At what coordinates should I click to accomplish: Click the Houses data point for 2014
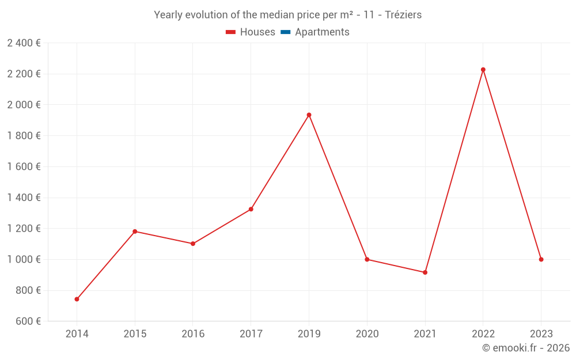(x=77, y=299)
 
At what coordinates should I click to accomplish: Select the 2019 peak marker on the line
(x=309, y=115)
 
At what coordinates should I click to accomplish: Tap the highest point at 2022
(x=483, y=70)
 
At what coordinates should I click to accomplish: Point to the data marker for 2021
(x=425, y=272)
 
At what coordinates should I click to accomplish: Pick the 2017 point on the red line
(x=251, y=209)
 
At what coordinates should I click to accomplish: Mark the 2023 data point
(x=541, y=259)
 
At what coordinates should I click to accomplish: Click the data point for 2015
(x=135, y=232)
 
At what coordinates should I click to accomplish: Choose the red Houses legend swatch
(x=230, y=32)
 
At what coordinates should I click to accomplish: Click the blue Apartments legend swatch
(x=285, y=32)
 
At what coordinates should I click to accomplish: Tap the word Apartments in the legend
(x=322, y=32)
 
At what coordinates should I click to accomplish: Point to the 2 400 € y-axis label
(x=24, y=43)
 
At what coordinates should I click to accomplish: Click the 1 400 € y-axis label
(x=24, y=198)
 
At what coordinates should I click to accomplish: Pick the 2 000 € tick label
(x=24, y=105)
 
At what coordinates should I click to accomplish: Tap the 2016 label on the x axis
(x=193, y=334)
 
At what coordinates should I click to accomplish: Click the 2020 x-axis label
(x=367, y=334)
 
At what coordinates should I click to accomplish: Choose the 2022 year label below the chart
(x=483, y=334)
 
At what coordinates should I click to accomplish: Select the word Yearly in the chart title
(x=168, y=15)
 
